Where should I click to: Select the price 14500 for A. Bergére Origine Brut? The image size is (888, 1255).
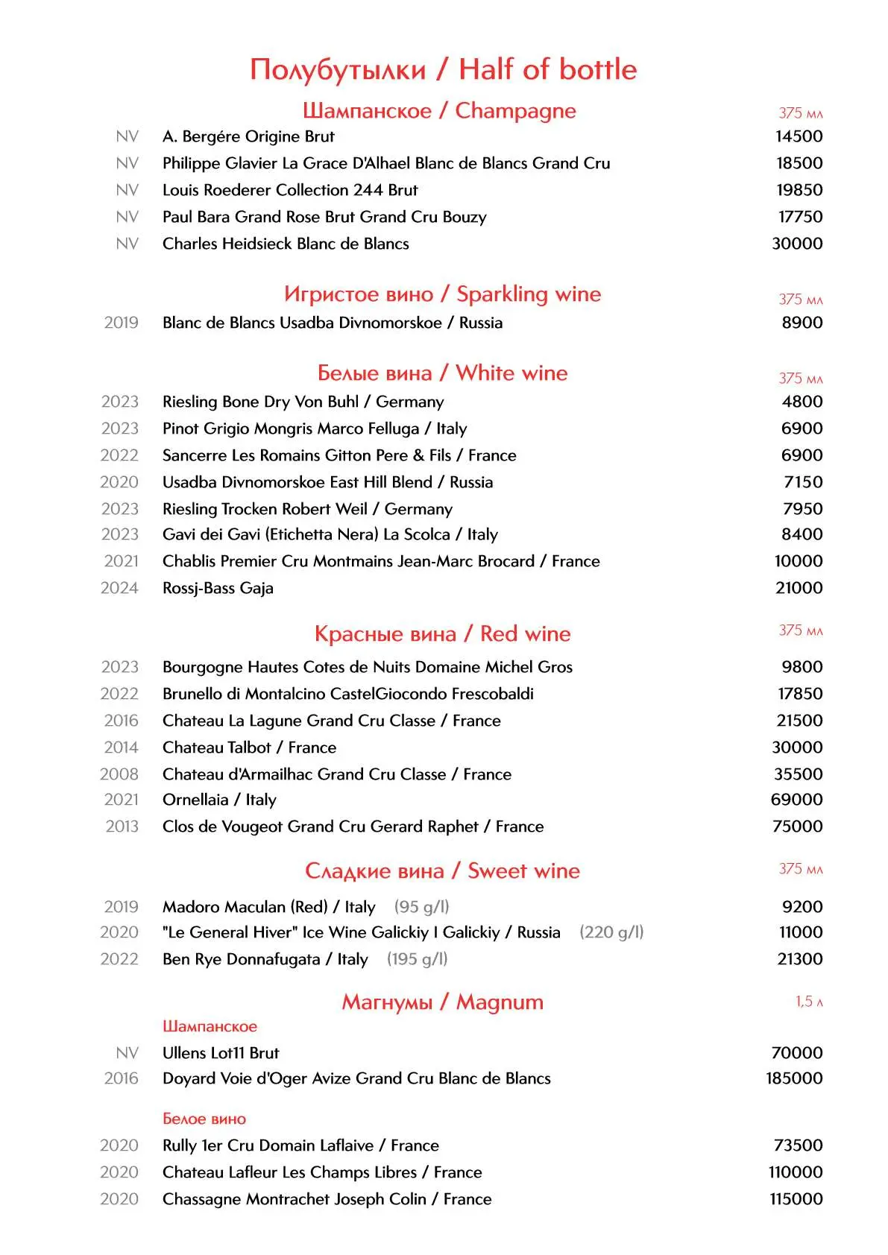(x=799, y=136)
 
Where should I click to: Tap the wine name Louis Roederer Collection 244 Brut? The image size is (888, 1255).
(x=290, y=190)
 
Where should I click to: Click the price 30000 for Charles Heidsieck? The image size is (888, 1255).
(x=797, y=244)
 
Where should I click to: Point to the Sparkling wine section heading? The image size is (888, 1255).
(x=442, y=294)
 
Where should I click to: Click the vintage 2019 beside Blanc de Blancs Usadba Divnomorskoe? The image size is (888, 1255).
(x=121, y=323)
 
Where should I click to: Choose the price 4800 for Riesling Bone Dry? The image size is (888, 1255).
(x=802, y=402)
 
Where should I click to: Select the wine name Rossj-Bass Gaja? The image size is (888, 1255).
(x=218, y=588)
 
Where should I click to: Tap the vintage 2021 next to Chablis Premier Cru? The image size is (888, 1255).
(x=121, y=561)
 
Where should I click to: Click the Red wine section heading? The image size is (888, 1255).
(x=442, y=634)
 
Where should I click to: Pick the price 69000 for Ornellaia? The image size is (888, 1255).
(x=796, y=800)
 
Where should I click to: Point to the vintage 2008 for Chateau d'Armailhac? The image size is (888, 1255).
(x=119, y=774)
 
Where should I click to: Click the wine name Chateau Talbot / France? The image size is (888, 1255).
(x=249, y=747)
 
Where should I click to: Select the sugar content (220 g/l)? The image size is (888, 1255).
(x=611, y=932)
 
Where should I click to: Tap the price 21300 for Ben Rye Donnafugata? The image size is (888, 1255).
(x=800, y=959)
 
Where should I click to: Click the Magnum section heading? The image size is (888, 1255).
(x=442, y=1002)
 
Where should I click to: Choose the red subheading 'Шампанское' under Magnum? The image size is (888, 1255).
(x=210, y=1026)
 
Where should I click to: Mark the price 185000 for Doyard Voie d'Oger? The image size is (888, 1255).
(x=794, y=1078)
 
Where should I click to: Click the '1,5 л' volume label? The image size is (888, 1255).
(x=809, y=1002)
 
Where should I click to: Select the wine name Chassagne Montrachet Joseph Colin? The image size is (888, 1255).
(x=327, y=1199)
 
